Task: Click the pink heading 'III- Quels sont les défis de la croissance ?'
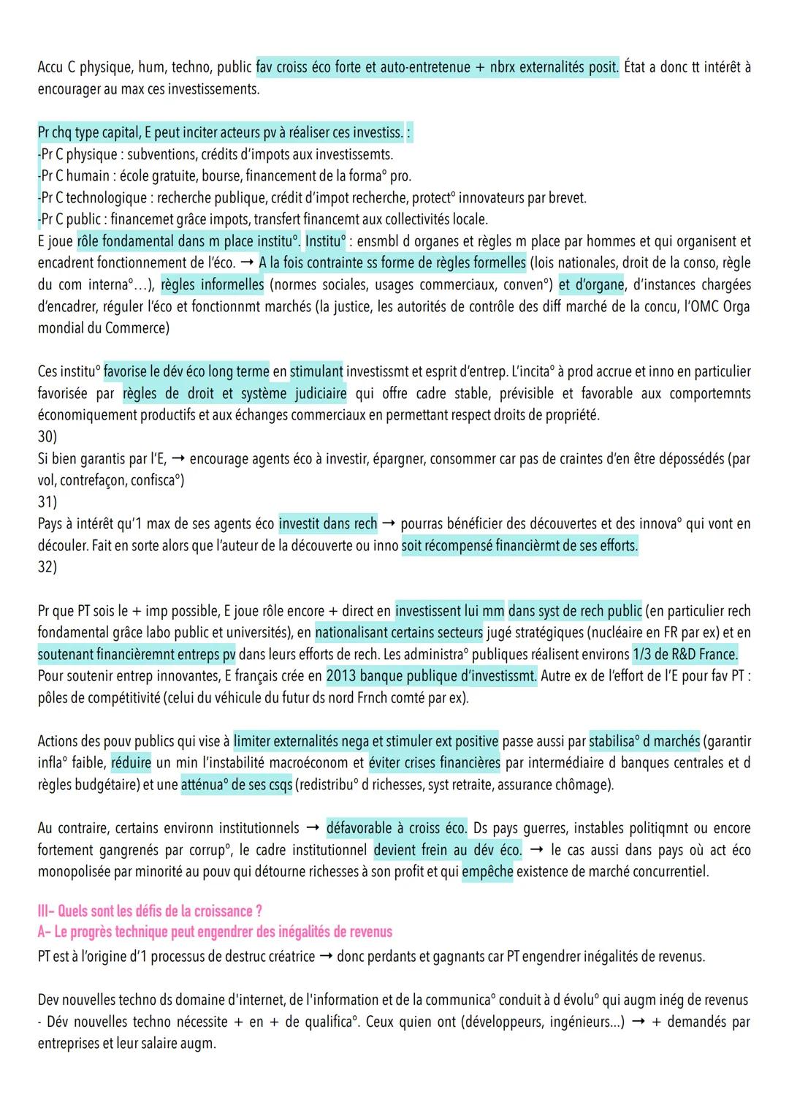150,911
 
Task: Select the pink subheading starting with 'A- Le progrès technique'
215,932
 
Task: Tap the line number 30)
47,436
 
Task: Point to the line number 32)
47,566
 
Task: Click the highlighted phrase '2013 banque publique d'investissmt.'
431,676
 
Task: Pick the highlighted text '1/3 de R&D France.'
685,654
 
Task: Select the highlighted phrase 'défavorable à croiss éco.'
397,828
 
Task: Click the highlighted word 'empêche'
487,871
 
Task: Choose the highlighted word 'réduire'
131,763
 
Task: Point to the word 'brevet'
567,197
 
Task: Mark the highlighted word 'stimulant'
317,371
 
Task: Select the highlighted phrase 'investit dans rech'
328,523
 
